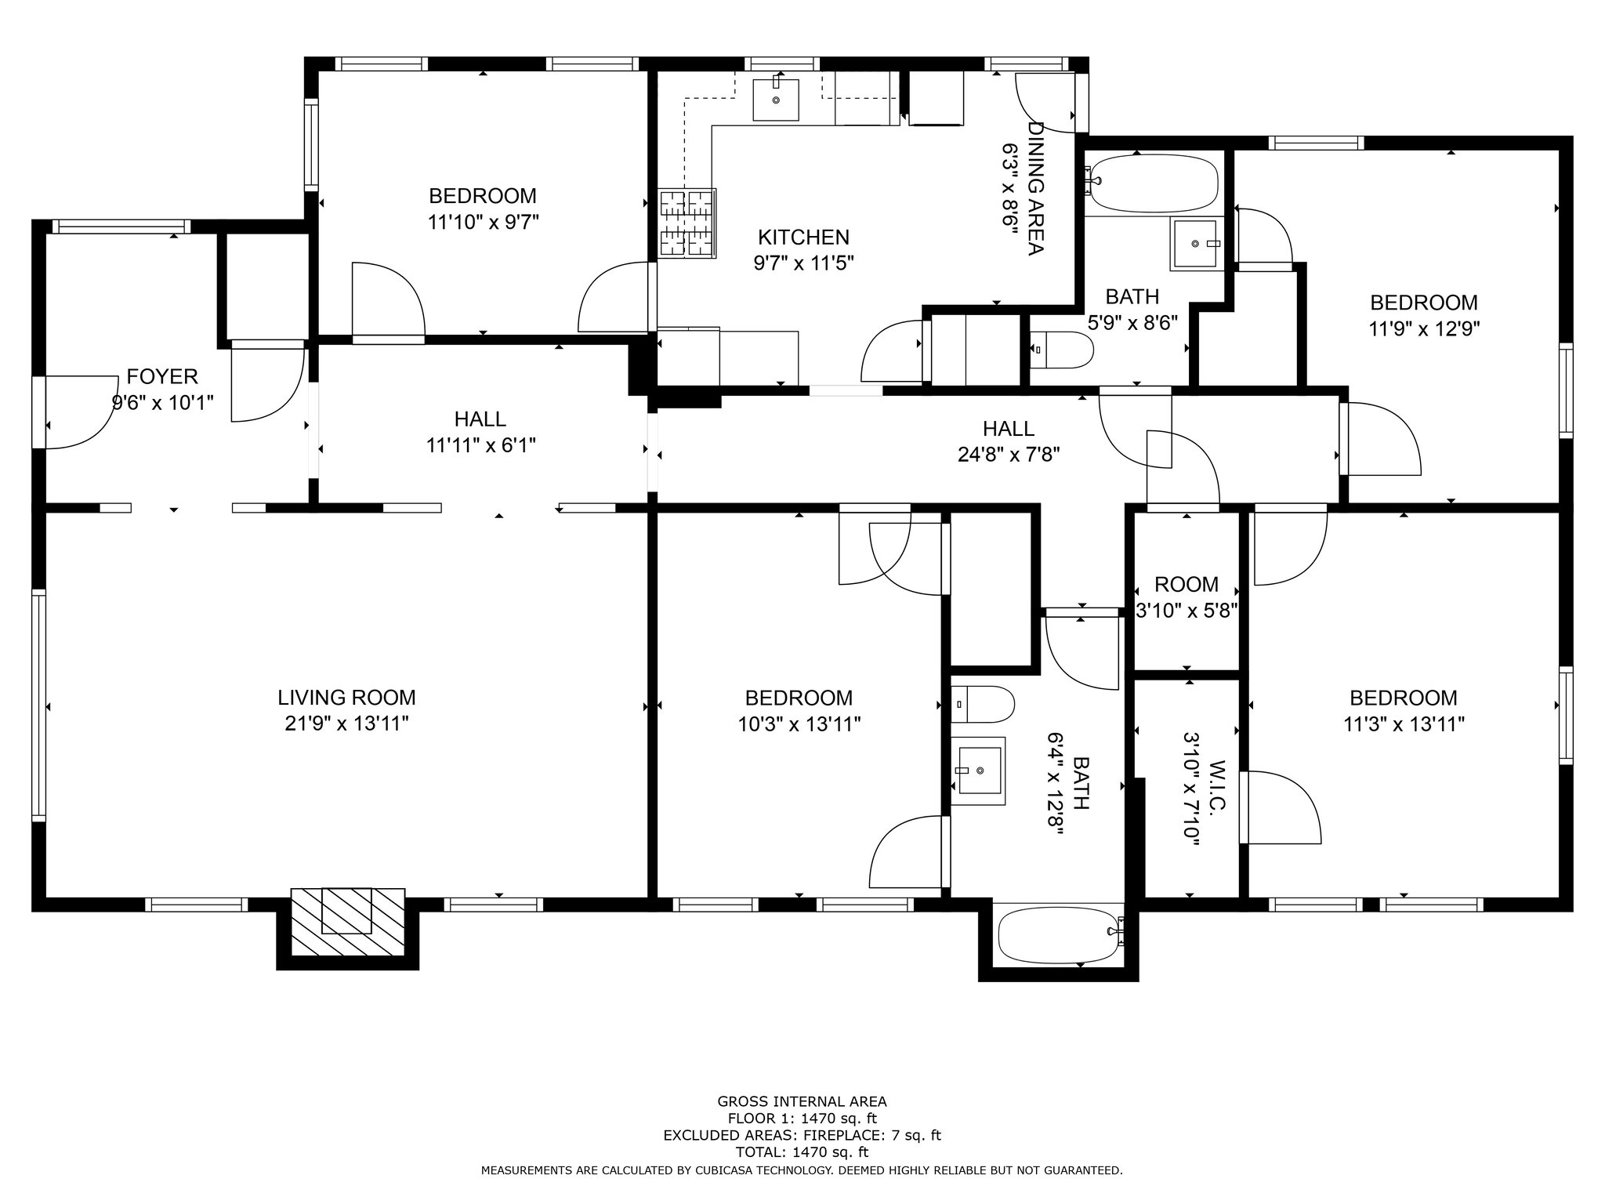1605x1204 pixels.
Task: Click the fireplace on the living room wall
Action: point(348,922)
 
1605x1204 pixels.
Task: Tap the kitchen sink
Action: point(776,100)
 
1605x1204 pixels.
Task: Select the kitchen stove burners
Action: point(687,223)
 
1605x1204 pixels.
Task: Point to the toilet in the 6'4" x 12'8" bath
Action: point(982,704)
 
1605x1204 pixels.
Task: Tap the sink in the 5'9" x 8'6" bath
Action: point(1197,244)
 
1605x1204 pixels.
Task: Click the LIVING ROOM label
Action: point(346,698)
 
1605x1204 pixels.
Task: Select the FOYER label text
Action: point(162,377)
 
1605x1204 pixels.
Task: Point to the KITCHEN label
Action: point(803,237)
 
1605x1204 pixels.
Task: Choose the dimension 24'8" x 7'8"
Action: point(1009,455)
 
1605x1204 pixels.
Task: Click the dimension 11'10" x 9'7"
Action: point(483,222)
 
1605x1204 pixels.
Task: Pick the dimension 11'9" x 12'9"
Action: point(1424,328)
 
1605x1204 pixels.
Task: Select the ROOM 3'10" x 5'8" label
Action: point(1187,597)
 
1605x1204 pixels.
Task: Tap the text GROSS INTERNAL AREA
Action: point(802,1101)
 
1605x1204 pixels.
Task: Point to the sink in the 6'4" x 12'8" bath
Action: point(978,771)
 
